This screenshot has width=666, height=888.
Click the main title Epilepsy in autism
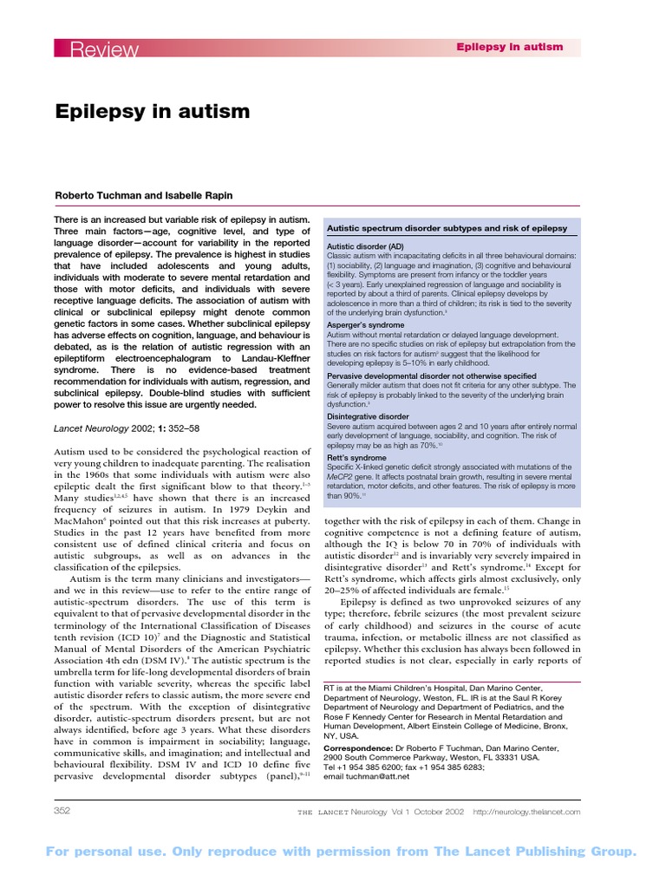tap(153, 112)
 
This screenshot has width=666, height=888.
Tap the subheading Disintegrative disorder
tap(368, 416)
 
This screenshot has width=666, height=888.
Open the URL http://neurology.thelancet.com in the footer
tap(526, 812)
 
